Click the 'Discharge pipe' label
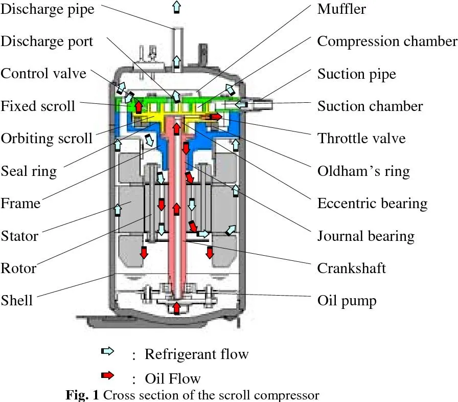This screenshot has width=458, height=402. [x=47, y=9]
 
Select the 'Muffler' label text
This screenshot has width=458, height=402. [x=341, y=9]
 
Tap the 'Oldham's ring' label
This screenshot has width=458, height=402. [x=363, y=171]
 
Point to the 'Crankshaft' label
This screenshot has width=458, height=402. [x=351, y=268]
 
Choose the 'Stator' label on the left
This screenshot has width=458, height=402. [x=19, y=236]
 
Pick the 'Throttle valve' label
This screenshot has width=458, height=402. [x=361, y=138]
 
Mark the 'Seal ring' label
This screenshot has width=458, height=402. [x=29, y=171]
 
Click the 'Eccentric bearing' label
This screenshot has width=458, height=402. [x=372, y=203]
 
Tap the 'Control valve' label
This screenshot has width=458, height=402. [x=43, y=74]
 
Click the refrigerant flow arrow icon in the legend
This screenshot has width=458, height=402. [x=108, y=351]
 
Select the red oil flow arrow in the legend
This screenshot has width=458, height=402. [x=108, y=376]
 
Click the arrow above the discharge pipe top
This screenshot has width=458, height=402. [x=176, y=7]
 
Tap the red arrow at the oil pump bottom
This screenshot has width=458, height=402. [x=176, y=308]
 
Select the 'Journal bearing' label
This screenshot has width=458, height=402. [x=365, y=236]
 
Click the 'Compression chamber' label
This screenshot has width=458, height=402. [x=387, y=41]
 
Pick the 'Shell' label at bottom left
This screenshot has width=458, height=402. [x=16, y=300]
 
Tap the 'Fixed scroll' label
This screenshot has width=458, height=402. [x=38, y=106]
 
